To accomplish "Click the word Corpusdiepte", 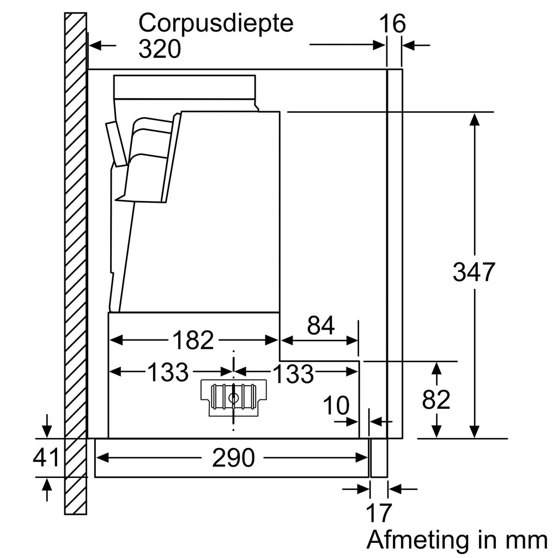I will tap(216, 24).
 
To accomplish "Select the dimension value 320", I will tap(159, 50).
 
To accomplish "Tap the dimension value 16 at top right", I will tap(392, 25).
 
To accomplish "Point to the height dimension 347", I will tap(473, 272).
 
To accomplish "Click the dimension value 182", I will tap(193, 341).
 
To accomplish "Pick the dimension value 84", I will tap(320, 326).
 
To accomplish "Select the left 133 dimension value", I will tap(167, 373).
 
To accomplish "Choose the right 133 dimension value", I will tap(293, 374).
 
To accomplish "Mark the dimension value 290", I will tap(233, 459).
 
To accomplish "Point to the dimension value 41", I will tap(46, 458).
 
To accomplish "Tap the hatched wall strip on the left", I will tap(75, 262).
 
